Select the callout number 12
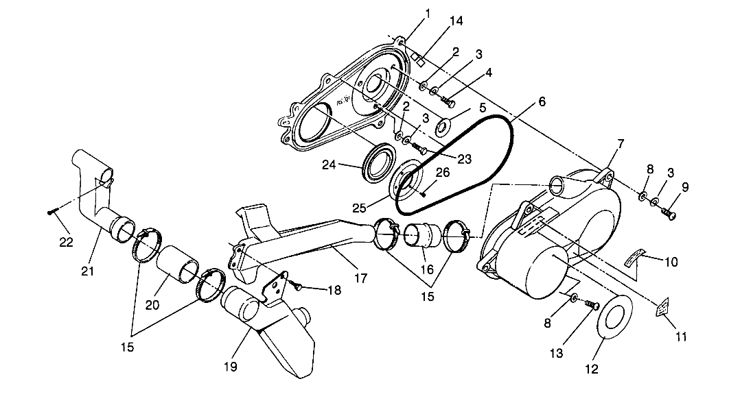point(592,369)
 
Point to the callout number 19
point(230,367)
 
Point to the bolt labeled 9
point(671,216)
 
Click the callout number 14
point(455,21)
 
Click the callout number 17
point(360,278)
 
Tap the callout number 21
point(88,271)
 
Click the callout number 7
point(621,144)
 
